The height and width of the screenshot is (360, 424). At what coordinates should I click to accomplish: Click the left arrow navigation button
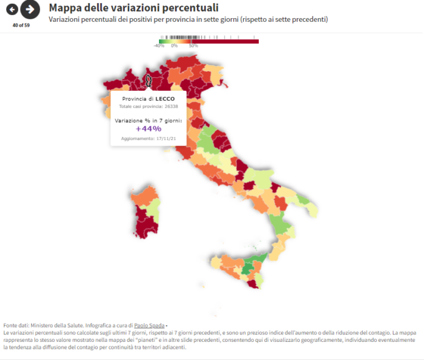pyautogui.click(x=12, y=9)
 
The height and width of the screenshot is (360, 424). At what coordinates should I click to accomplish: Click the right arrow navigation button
pyautogui.click(x=29, y=9)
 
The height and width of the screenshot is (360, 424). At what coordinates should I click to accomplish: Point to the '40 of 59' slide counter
pyautogui.click(x=21, y=25)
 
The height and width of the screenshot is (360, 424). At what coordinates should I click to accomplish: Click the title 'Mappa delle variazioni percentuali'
pyautogui.click(x=133, y=7)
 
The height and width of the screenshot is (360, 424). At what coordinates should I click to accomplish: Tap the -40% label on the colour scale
pyautogui.click(x=159, y=46)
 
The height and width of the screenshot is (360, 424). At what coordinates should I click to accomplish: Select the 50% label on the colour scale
pyautogui.click(x=193, y=46)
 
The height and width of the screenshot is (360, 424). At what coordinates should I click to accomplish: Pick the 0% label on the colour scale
pyautogui.click(x=174, y=46)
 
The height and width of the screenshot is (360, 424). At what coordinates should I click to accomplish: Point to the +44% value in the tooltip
pyautogui.click(x=148, y=129)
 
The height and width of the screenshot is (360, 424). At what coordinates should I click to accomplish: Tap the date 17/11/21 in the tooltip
pyautogui.click(x=165, y=138)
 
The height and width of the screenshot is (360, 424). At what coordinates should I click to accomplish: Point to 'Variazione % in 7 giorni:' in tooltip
pyautogui.click(x=147, y=120)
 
